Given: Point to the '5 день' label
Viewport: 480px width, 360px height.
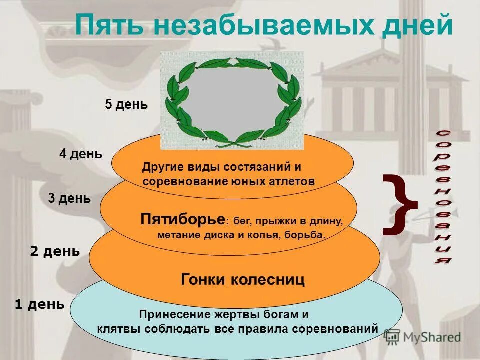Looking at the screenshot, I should click(x=126, y=105).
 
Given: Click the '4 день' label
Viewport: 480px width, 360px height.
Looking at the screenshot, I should click(x=81, y=154).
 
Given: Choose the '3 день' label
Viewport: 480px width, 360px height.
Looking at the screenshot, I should click(x=69, y=199).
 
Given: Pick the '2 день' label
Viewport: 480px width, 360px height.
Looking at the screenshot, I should click(x=55, y=252).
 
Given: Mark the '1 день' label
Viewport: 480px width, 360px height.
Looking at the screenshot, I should click(x=40, y=304).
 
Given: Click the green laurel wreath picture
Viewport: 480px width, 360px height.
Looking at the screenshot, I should click(x=232, y=101).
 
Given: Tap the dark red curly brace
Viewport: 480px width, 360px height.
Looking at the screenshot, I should click(x=400, y=204).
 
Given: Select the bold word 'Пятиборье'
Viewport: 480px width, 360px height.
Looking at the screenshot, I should click(x=183, y=219).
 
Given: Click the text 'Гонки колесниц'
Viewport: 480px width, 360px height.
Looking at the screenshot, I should click(x=242, y=280).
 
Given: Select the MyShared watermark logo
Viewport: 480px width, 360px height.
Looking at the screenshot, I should click(x=423, y=337).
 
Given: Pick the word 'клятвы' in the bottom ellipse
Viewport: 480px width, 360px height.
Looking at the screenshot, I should click(x=119, y=329).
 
